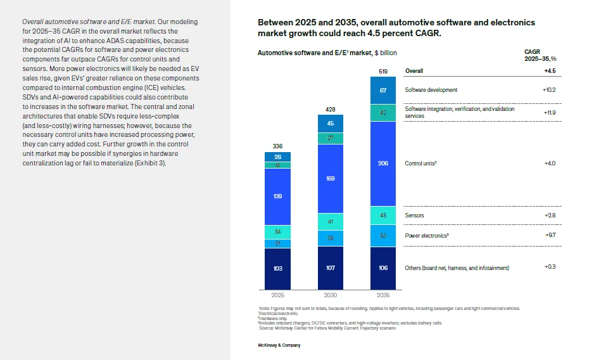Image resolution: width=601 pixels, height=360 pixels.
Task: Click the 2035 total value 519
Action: (383, 72)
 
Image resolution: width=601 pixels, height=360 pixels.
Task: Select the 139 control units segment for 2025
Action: (277, 196)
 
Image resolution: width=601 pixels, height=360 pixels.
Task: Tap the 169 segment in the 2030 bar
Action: (331, 179)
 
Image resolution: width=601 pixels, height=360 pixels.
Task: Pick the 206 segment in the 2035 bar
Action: (383, 163)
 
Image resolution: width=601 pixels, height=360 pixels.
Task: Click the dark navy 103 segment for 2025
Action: (277, 268)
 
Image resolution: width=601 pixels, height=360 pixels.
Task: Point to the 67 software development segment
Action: (383, 91)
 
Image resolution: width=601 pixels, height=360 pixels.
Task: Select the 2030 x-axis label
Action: (331, 295)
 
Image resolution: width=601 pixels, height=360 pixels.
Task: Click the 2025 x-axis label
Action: (277, 295)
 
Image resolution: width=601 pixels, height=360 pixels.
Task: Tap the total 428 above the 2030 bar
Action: (331, 110)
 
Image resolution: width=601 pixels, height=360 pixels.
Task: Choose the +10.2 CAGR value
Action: (548, 90)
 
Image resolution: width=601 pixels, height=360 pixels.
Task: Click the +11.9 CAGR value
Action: (548, 112)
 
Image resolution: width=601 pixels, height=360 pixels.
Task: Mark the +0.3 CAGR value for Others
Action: (550, 267)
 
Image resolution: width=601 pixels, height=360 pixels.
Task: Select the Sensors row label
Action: (415, 215)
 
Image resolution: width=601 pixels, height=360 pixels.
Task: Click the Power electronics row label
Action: (427, 236)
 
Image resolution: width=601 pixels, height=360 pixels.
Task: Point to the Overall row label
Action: (414, 71)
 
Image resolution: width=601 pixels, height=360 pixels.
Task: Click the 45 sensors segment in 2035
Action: (383, 215)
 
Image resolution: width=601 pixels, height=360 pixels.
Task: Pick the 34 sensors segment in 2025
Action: (277, 232)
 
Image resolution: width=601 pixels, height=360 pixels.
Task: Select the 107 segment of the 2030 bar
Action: (331, 268)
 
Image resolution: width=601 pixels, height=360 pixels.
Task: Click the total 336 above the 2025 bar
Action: (277, 146)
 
